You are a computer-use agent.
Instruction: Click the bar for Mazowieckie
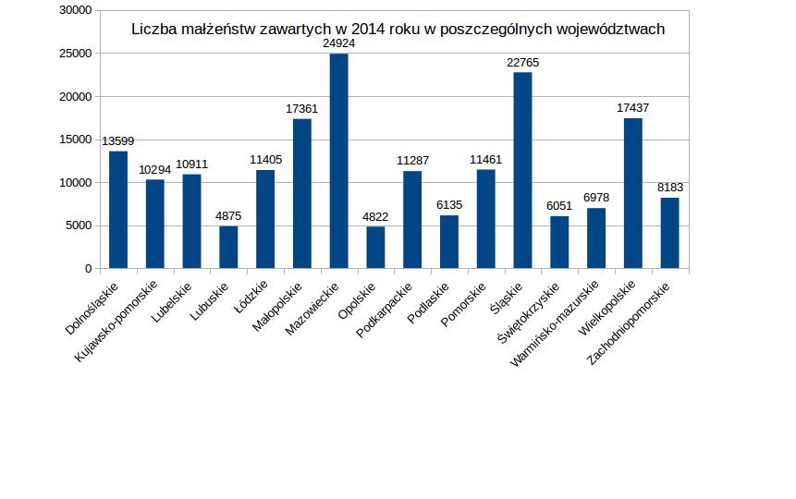[338, 161]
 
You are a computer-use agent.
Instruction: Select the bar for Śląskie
[522, 170]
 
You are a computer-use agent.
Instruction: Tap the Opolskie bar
[375, 247]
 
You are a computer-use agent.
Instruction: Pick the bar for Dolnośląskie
[118, 210]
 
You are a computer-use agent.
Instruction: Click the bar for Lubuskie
[228, 247]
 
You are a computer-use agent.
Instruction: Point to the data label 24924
[338, 43]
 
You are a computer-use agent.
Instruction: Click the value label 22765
[522, 62]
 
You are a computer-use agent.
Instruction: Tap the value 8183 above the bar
[669, 188]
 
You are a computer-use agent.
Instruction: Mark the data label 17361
[301, 109]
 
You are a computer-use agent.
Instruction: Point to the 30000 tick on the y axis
[76, 10]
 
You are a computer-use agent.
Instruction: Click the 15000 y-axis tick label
[76, 140]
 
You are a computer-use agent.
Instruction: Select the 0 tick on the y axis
[89, 269]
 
